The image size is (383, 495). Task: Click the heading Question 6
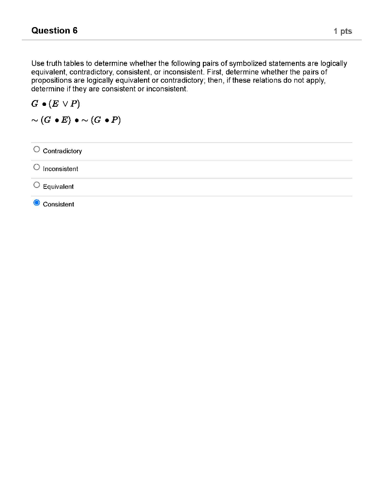pyautogui.click(x=54, y=31)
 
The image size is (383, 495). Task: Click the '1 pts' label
pyautogui.click(x=343, y=31)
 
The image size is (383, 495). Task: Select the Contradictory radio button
pyautogui.click(x=37, y=149)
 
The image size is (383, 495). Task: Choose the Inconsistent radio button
pyautogui.click(x=37, y=167)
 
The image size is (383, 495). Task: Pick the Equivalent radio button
pyautogui.click(x=37, y=185)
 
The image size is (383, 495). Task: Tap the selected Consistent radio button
pyautogui.click(x=37, y=203)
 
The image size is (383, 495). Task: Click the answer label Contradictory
pyautogui.click(x=62, y=151)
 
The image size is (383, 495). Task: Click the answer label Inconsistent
pyautogui.click(x=61, y=169)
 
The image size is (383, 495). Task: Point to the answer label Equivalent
pyautogui.click(x=58, y=187)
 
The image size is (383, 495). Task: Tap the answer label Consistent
pyautogui.click(x=59, y=204)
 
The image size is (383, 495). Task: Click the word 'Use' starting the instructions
pyautogui.click(x=37, y=64)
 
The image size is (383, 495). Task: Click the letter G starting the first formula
pyautogui.click(x=35, y=103)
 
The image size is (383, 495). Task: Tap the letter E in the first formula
pyautogui.click(x=63, y=103)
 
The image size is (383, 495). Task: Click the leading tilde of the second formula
pyautogui.click(x=34, y=120)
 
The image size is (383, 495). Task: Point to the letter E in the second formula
pyautogui.click(x=63, y=120)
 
